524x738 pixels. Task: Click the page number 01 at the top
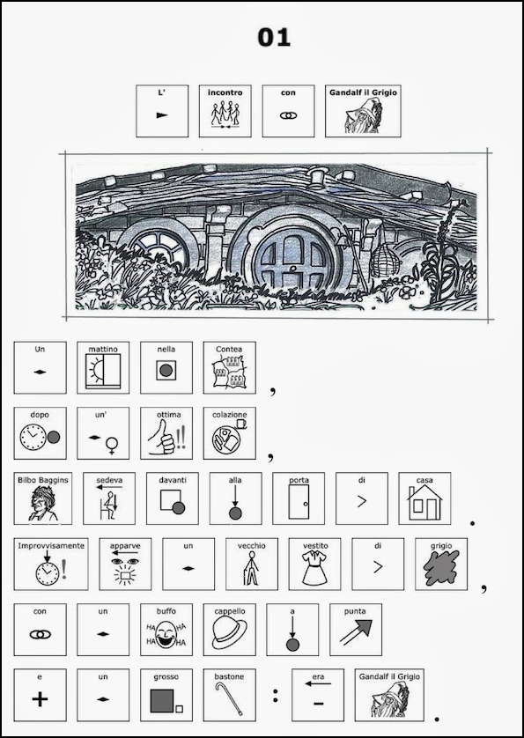[x=274, y=37]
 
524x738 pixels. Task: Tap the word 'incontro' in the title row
[x=225, y=92]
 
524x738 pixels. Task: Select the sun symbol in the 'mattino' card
[x=96, y=371]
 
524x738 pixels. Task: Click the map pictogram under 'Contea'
[x=229, y=372]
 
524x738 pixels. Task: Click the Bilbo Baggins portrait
[x=43, y=504]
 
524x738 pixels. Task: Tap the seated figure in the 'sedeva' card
[x=108, y=506]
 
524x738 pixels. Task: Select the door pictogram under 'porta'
[x=299, y=502]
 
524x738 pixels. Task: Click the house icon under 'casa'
[x=424, y=503]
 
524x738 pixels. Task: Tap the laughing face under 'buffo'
[x=166, y=635]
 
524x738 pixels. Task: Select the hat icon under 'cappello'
[x=229, y=633]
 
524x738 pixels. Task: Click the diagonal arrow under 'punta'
[x=356, y=632]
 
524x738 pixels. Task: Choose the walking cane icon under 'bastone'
[x=229, y=699]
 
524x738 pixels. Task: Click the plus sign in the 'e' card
[x=40, y=699]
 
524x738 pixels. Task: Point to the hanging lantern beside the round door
[x=385, y=260]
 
